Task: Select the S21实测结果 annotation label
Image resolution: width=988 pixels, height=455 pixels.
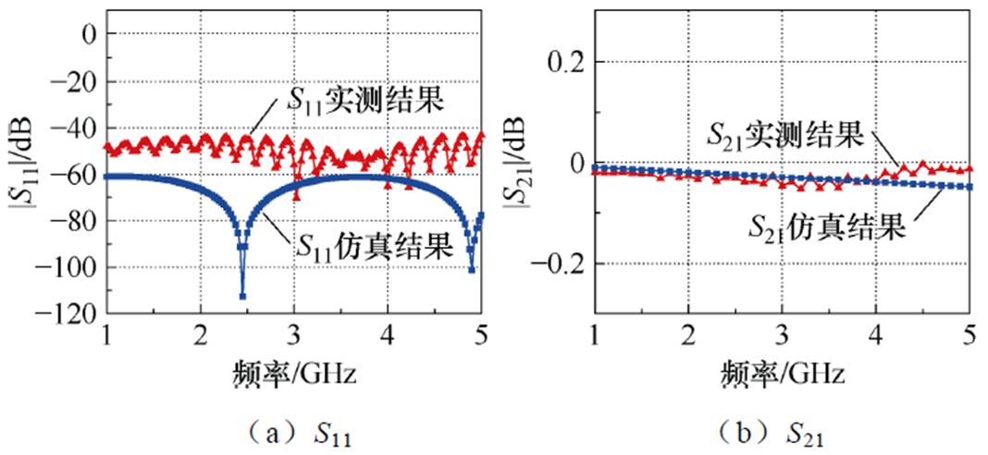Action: (784, 136)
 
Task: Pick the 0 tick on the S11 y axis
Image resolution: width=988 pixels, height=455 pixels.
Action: (90, 34)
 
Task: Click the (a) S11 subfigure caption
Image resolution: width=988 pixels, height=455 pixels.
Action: (295, 431)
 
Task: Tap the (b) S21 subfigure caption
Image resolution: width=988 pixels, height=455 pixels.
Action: (782, 431)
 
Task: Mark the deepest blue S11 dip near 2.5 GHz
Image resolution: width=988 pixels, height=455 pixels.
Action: (242, 295)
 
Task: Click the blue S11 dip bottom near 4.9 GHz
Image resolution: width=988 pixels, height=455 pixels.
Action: (472, 269)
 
